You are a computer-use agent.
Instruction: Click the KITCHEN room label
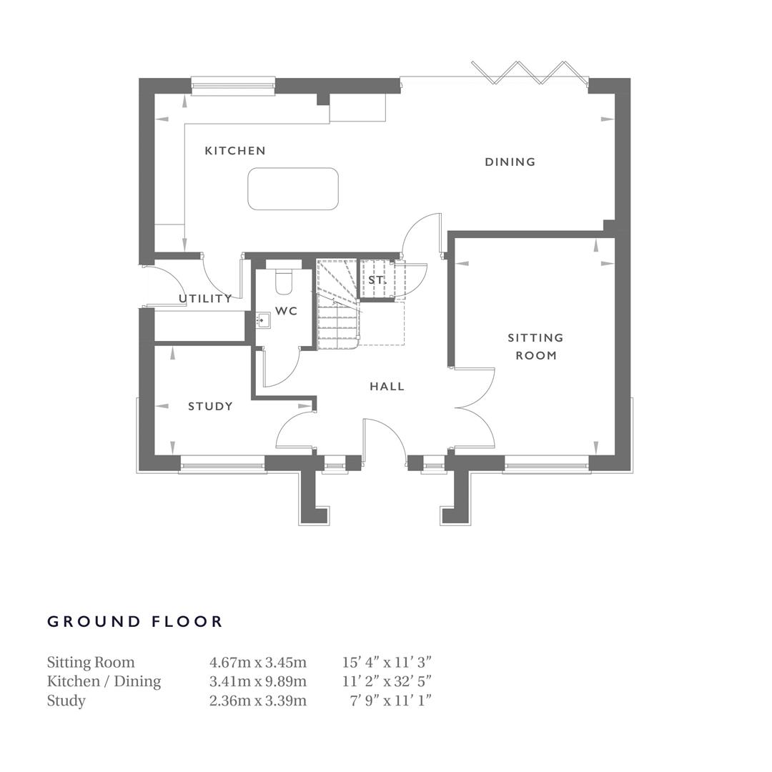[x=235, y=151]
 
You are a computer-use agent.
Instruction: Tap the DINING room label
[x=510, y=162]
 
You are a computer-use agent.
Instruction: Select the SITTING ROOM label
[x=535, y=346]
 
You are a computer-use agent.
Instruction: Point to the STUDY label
[x=210, y=407]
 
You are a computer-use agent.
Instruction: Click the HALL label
[x=387, y=387]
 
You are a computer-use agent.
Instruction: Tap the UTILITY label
[x=204, y=299]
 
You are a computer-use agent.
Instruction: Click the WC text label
[x=286, y=312]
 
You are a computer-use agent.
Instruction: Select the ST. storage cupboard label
[x=377, y=280]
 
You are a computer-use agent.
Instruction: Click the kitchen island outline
[x=293, y=189]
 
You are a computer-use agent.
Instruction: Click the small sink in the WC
[x=263, y=320]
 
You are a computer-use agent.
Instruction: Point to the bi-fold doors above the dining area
[x=529, y=71]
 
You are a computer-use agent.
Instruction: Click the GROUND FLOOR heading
[x=135, y=622]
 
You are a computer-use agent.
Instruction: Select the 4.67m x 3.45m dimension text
[x=257, y=663]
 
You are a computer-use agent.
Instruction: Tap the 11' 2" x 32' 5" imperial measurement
[x=387, y=681]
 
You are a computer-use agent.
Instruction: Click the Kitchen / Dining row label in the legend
[x=104, y=681]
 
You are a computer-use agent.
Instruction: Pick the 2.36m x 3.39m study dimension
[x=257, y=701]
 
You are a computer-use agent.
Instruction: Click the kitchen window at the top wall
[x=233, y=86]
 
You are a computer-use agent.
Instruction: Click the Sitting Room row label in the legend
[x=91, y=663]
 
